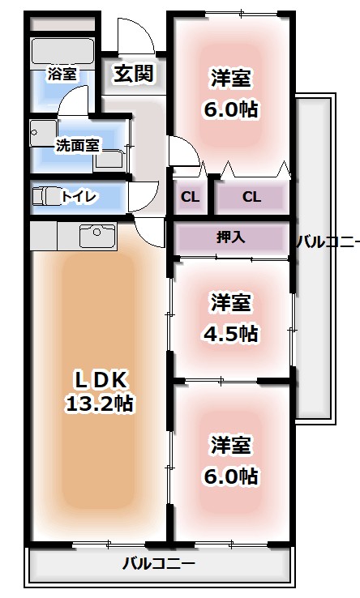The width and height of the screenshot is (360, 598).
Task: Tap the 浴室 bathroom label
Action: click(x=62, y=74)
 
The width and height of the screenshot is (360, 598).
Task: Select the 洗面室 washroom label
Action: click(x=77, y=146)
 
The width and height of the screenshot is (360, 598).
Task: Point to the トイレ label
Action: click(x=79, y=197)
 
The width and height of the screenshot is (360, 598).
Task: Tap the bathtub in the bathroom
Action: click(x=63, y=52)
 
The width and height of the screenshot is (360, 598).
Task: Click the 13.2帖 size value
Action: click(x=101, y=403)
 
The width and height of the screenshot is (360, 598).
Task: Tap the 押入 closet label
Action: click(x=231, y=238)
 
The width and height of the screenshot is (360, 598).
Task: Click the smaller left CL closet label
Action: click(x=189, y=197)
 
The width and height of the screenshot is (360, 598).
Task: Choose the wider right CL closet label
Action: click(x=251, y=197)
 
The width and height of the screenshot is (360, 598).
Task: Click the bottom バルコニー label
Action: click(x=159, y=562)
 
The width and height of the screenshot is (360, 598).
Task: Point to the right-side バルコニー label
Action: click(x=327, y=241)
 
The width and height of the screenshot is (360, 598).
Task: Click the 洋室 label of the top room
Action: click(x=231, y=79)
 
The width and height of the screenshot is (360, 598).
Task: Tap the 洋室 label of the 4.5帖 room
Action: click(x=231, y=303)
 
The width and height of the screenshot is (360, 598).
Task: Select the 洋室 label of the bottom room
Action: click(x=231, y=445)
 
